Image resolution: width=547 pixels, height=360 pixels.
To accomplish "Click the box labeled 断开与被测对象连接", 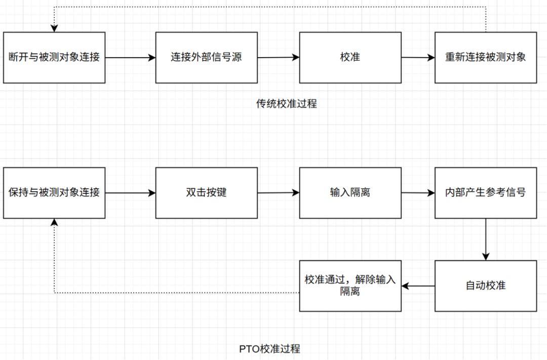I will tap(54, 57).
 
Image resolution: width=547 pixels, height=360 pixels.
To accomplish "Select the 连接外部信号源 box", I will tap(206, 57).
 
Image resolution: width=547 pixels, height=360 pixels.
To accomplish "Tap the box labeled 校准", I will tap(350, 57).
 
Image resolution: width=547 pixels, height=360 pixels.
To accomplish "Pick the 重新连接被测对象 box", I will tap(485, 57).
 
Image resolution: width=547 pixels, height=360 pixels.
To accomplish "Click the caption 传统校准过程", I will tap(286, 104).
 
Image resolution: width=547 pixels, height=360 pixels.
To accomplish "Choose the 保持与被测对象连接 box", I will tap(54, 192).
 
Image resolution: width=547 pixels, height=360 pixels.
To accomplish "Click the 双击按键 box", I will tap(206, 192).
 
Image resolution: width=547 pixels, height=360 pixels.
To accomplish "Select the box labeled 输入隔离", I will tap(350, 192).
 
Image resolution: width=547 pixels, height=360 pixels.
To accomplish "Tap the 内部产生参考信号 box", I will tap(485, 192).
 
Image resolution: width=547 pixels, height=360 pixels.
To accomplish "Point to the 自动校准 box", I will tap(485, 286).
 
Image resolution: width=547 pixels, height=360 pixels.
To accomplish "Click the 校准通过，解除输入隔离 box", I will tap(350, 286).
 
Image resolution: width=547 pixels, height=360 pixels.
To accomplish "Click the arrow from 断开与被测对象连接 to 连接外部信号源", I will tap(130, 58).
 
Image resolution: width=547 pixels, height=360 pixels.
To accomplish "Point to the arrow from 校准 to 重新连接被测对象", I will tap(418, 58).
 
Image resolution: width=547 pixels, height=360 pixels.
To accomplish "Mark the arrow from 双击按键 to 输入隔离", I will tap(278, 192).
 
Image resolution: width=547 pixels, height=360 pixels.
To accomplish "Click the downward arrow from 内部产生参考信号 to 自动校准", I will tap(486, 239).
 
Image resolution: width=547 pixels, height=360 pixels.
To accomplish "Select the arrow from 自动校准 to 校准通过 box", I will tap(418, 286).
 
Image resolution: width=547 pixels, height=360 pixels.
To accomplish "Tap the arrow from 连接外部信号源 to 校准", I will tap(278, 58).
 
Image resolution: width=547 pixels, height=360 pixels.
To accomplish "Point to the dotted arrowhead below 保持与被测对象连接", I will tap(54, 223).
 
